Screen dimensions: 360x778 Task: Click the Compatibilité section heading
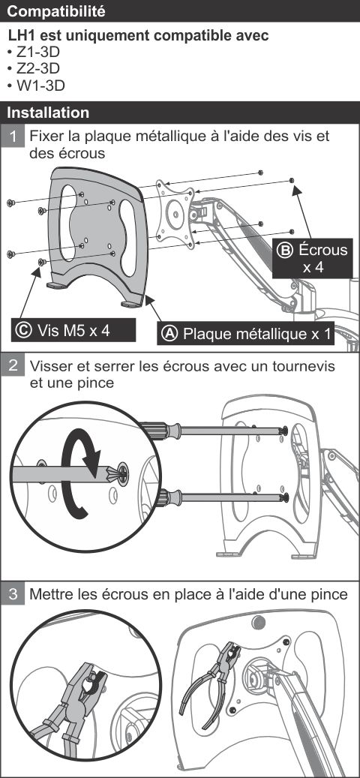click(56, 11)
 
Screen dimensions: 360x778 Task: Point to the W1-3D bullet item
click(36, 86)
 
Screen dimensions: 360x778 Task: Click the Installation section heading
click(48, 112)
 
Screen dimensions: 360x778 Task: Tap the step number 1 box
click(14, 136)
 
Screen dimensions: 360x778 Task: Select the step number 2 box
click(14, 365)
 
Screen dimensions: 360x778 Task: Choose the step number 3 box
click(14, 593)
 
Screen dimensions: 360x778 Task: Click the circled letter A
click(170, 333)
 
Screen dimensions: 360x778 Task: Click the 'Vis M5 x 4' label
click(73, 330)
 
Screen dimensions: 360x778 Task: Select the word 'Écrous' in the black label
click(322, 250)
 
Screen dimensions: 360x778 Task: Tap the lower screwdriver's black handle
click(167, 497)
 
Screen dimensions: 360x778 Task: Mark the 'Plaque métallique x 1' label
click(256, 334)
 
